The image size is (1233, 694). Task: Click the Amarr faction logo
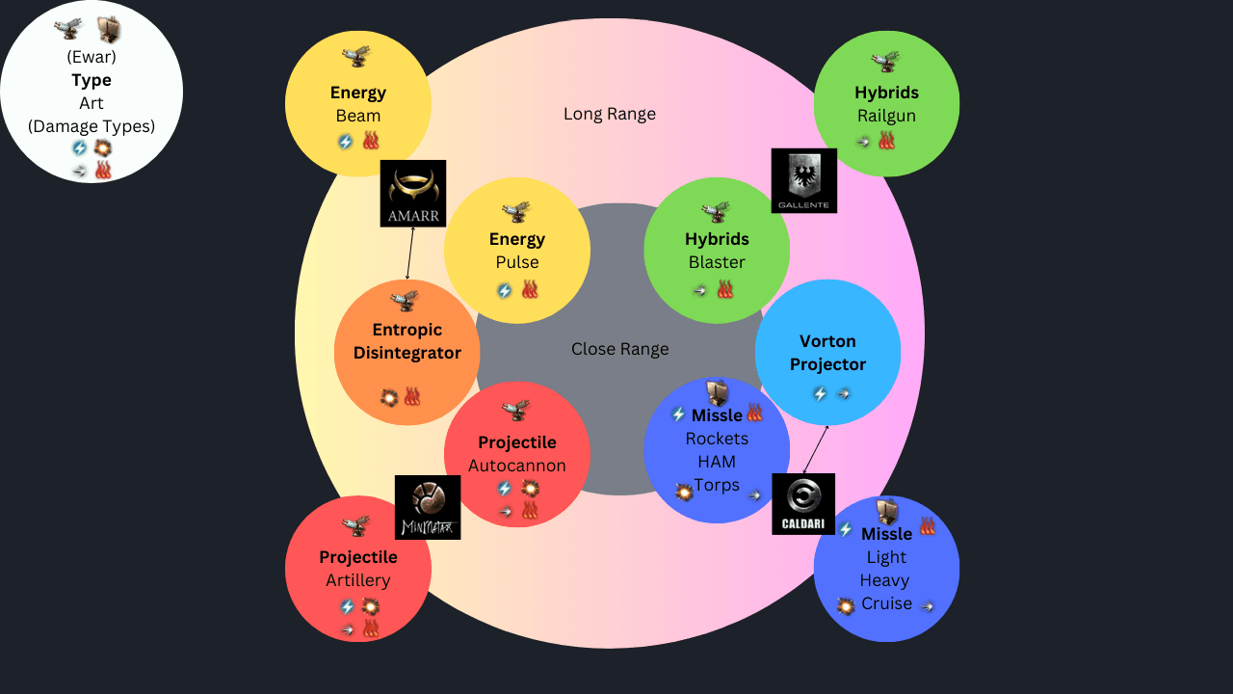pos(413,193)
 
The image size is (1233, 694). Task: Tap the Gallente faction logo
pos(804,180)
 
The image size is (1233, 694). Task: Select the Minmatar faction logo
pos(428,507)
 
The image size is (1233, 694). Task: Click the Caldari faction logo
pos(803,503)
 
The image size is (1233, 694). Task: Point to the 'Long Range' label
pos(610,114)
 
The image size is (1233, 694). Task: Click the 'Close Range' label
pos(619,349)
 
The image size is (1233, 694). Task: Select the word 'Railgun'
pos(886,116)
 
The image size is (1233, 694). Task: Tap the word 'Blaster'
pos(717,262)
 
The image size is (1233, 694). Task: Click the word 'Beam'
pos(358,116)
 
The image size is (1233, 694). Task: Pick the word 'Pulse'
pos(517,262)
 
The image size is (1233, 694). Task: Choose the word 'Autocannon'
pos(517,466)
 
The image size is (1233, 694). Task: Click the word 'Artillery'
pos(358,580)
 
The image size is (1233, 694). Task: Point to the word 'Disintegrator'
pos(407,353)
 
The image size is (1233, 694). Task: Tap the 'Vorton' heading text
pos(827,341)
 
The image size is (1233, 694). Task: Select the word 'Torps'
pos(717,485)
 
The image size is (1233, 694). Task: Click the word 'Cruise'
pos(886,603)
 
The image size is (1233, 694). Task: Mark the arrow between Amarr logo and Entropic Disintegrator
pos(410,253)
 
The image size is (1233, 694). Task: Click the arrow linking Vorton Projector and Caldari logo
pos(816,449)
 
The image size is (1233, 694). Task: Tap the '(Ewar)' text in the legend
pos(92,57)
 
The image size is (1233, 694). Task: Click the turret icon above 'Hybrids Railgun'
pos(885,62)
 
